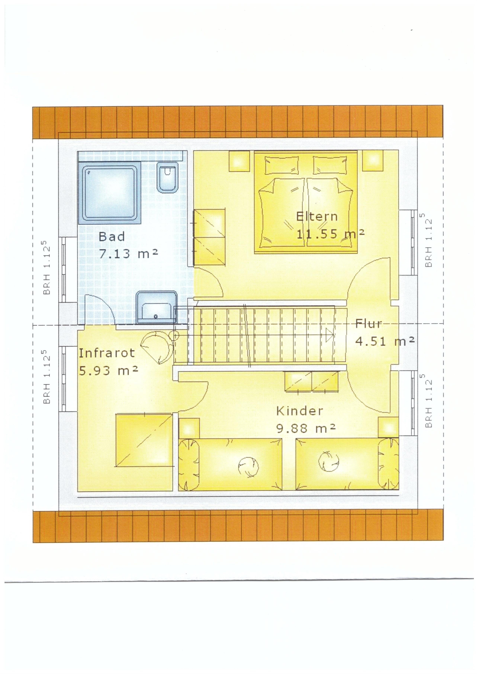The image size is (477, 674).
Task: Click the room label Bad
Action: (112, 236)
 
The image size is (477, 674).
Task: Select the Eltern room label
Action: (317, 217)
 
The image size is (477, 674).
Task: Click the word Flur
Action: (369, 324)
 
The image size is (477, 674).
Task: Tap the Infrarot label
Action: (107, 353)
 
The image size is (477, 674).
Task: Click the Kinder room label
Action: (299, 411)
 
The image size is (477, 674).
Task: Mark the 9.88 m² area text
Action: (306, 429)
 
